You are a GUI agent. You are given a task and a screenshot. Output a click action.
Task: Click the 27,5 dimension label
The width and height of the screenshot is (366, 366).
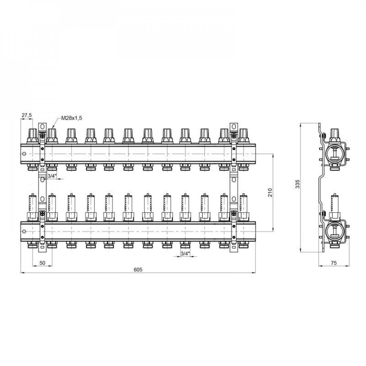pos(27,115)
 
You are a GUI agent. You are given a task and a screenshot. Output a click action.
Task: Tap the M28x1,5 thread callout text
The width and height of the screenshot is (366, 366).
pos(72,118)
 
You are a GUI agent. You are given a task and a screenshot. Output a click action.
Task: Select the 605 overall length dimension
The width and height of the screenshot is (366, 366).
pos(138,270)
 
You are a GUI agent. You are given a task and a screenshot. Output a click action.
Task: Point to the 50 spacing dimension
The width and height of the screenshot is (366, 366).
pos(42,263)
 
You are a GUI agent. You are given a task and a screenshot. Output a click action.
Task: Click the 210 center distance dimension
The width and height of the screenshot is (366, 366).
pos(270,193)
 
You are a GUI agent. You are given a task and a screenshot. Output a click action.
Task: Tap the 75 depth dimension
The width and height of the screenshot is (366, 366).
pos(334,263)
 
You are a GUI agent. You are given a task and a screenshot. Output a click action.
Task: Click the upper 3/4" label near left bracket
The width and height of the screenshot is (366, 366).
pos(52,176)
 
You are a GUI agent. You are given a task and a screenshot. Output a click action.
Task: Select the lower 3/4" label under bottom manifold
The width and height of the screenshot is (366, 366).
pos(185,254)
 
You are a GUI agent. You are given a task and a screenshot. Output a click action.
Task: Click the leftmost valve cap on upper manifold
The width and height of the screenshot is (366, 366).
pos(33,136)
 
